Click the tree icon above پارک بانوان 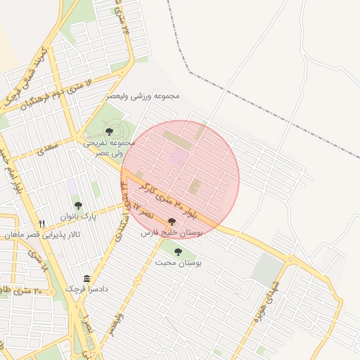point(78,205)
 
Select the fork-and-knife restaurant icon point(42,224)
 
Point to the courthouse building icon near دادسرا point(86,279)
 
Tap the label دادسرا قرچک point(85,289)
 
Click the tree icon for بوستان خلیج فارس point(172,222)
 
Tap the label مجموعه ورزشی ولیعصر point(143,96)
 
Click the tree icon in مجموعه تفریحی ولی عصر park point(108,131)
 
